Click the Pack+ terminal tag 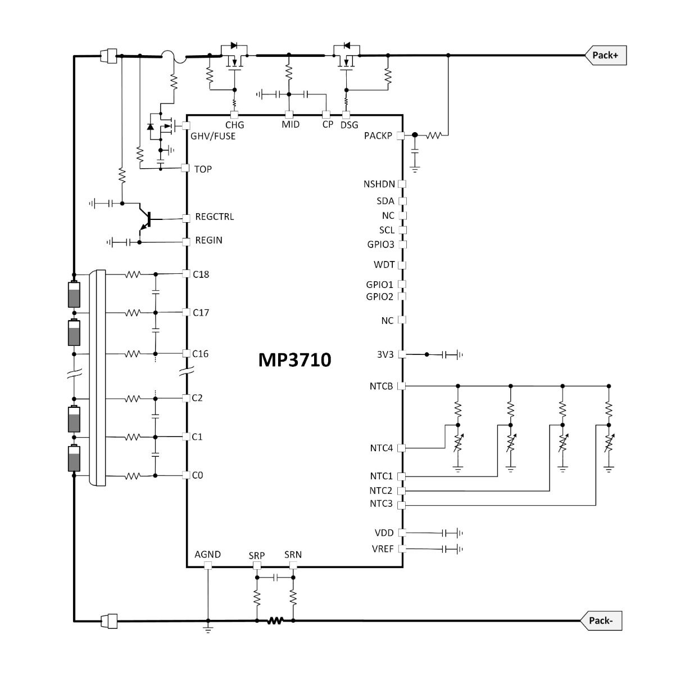(x=605, y=55)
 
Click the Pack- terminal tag (x=601, y=621)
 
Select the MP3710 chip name (x=294, y=360)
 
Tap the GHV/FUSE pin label (x=213, y=136)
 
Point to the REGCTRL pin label (x=214, y=217)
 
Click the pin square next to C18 (x=186, y=274)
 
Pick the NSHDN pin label (x=379, y=184)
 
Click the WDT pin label (x=384, y=264)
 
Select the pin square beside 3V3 (x=402, y=354)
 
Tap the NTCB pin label (x=381, y=386)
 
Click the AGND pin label (x=207, y=555)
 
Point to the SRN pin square (x=293, y=565)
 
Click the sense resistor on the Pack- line (x=275, y=621)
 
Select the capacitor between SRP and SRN (x=275, y=578)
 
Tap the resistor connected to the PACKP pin (x=434, y=136)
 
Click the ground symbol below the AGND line (x=208, y=629)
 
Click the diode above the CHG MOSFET (x=234, y=46)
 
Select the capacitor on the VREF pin (x=444, y=548)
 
